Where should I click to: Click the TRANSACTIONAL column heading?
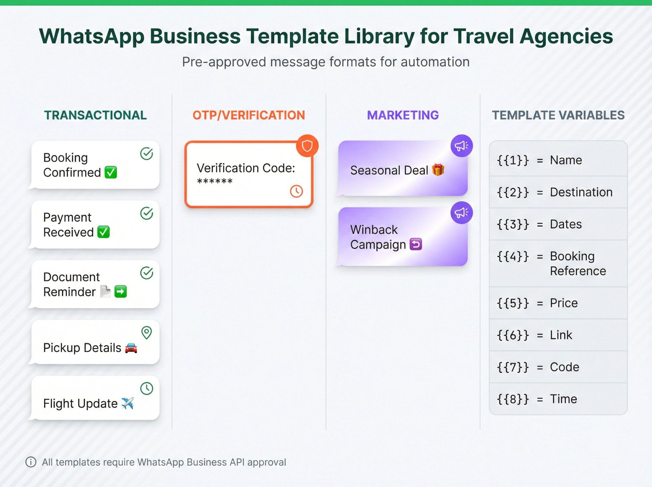pos(95,115)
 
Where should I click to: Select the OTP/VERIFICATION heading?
pos(248,115)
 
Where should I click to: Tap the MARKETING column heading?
pos(403,115)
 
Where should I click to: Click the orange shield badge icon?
pos(307,146)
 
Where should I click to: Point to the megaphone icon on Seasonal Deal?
pos(461,146)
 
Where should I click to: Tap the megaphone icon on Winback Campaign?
pos(461,213)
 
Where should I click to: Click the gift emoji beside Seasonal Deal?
pos(438,170)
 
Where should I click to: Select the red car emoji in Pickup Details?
pos(131,348)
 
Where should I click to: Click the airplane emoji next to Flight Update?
pos(127,403)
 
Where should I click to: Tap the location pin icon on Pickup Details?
pos(147,333)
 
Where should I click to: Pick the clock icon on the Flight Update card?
pos(147,388)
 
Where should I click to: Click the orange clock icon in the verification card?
pos(296,191)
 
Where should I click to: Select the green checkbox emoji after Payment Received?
pos(104,232)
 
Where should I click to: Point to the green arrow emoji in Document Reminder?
pos(121,292)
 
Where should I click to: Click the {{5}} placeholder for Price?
pos(512,303)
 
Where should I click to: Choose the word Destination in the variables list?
pos(581,192)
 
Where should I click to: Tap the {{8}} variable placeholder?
pos(512,399)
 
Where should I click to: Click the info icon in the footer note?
pos(31,462)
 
